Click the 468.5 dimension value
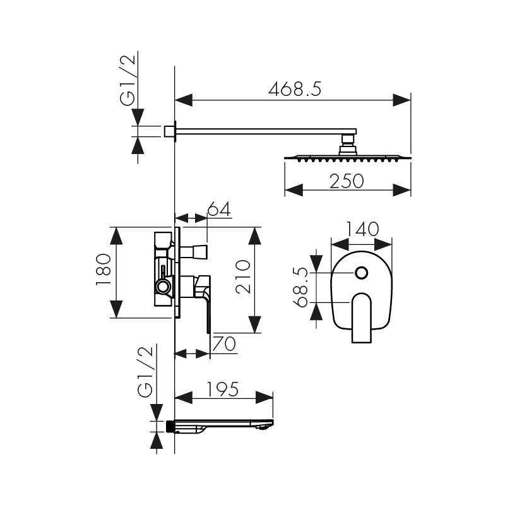[295, 89]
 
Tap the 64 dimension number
[218, 210]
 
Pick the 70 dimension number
[224, 344]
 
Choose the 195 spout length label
[223, 389]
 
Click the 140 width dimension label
[362, 229]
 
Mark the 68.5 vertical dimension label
[302, 287]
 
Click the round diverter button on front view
[362, 273]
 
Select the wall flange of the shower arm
[170, 131]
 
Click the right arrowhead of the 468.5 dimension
[402, 99]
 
